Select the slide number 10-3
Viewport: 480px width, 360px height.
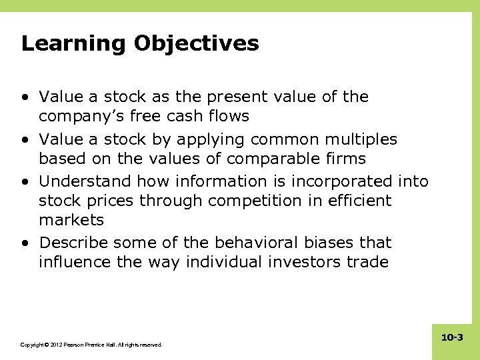[452, 338]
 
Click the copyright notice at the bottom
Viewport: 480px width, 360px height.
[91, 345]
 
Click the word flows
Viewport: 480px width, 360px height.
[227, 117]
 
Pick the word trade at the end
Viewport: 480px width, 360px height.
[366, 262]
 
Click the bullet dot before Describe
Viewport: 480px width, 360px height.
[25, 243]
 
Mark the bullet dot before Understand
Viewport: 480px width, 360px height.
[25, 181]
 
